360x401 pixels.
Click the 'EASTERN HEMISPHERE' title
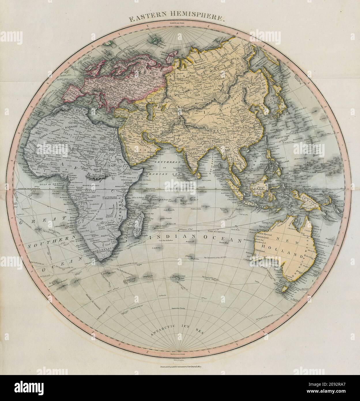176,19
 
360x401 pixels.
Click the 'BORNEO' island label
259,188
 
